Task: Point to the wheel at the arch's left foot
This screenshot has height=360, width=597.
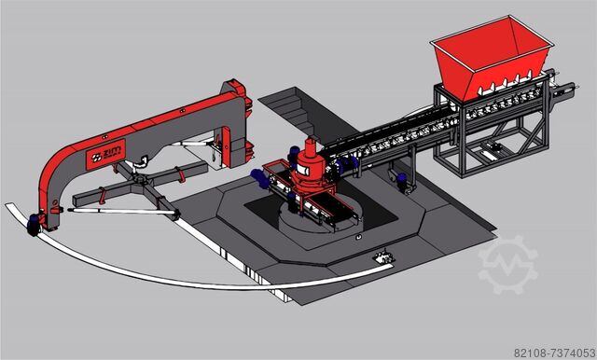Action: [37, 223]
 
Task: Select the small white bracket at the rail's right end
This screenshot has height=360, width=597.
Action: [381, 259]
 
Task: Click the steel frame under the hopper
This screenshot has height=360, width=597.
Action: [485, 140]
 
